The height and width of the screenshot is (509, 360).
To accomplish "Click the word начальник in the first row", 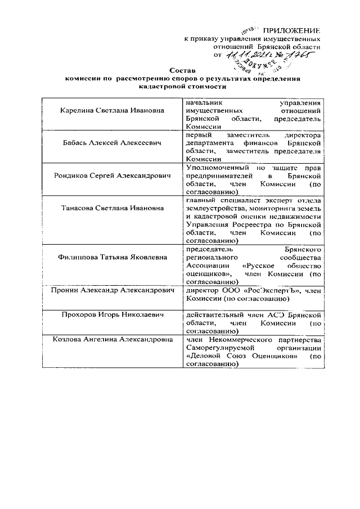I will tap(203, 102).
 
